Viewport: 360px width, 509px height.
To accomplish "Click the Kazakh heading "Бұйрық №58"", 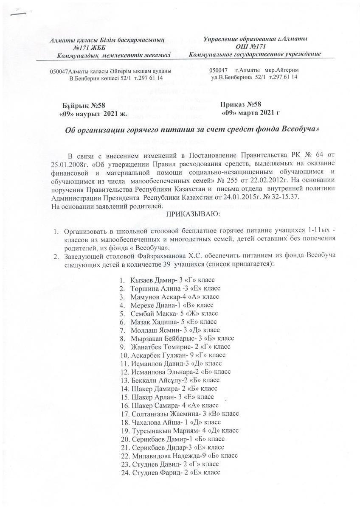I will [81, 105].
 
